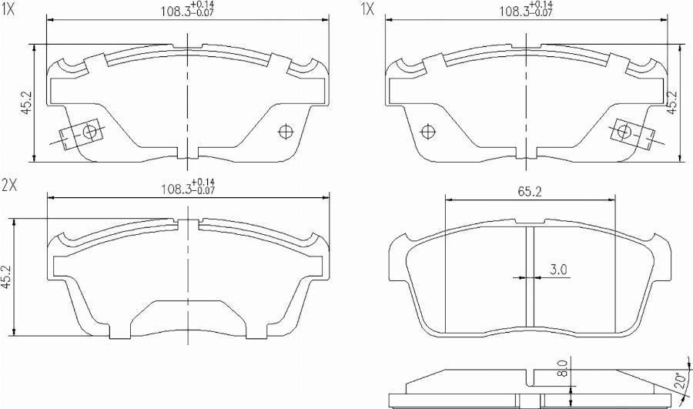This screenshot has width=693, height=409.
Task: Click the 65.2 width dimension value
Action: point(527,192)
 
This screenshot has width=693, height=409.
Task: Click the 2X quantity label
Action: point(10,185)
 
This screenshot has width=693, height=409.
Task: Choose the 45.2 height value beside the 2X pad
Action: point(7,277)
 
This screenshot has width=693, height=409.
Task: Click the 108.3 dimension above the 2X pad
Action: point(176,189)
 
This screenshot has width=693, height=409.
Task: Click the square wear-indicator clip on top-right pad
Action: point(624,132)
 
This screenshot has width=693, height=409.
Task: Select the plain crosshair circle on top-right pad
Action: point(423,132)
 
